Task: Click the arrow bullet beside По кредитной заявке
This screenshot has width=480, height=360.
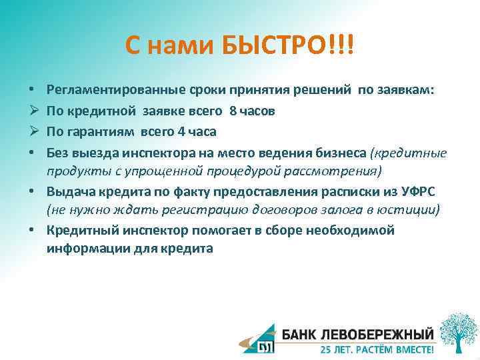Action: click(33, 111)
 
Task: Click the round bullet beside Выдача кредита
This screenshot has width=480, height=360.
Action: click(33, 192)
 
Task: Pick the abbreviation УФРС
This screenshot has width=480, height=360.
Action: click(419, 192)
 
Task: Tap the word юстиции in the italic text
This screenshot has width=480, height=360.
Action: click(414, 210)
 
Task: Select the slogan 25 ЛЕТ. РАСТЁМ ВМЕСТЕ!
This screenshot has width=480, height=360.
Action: click(377, 349)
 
